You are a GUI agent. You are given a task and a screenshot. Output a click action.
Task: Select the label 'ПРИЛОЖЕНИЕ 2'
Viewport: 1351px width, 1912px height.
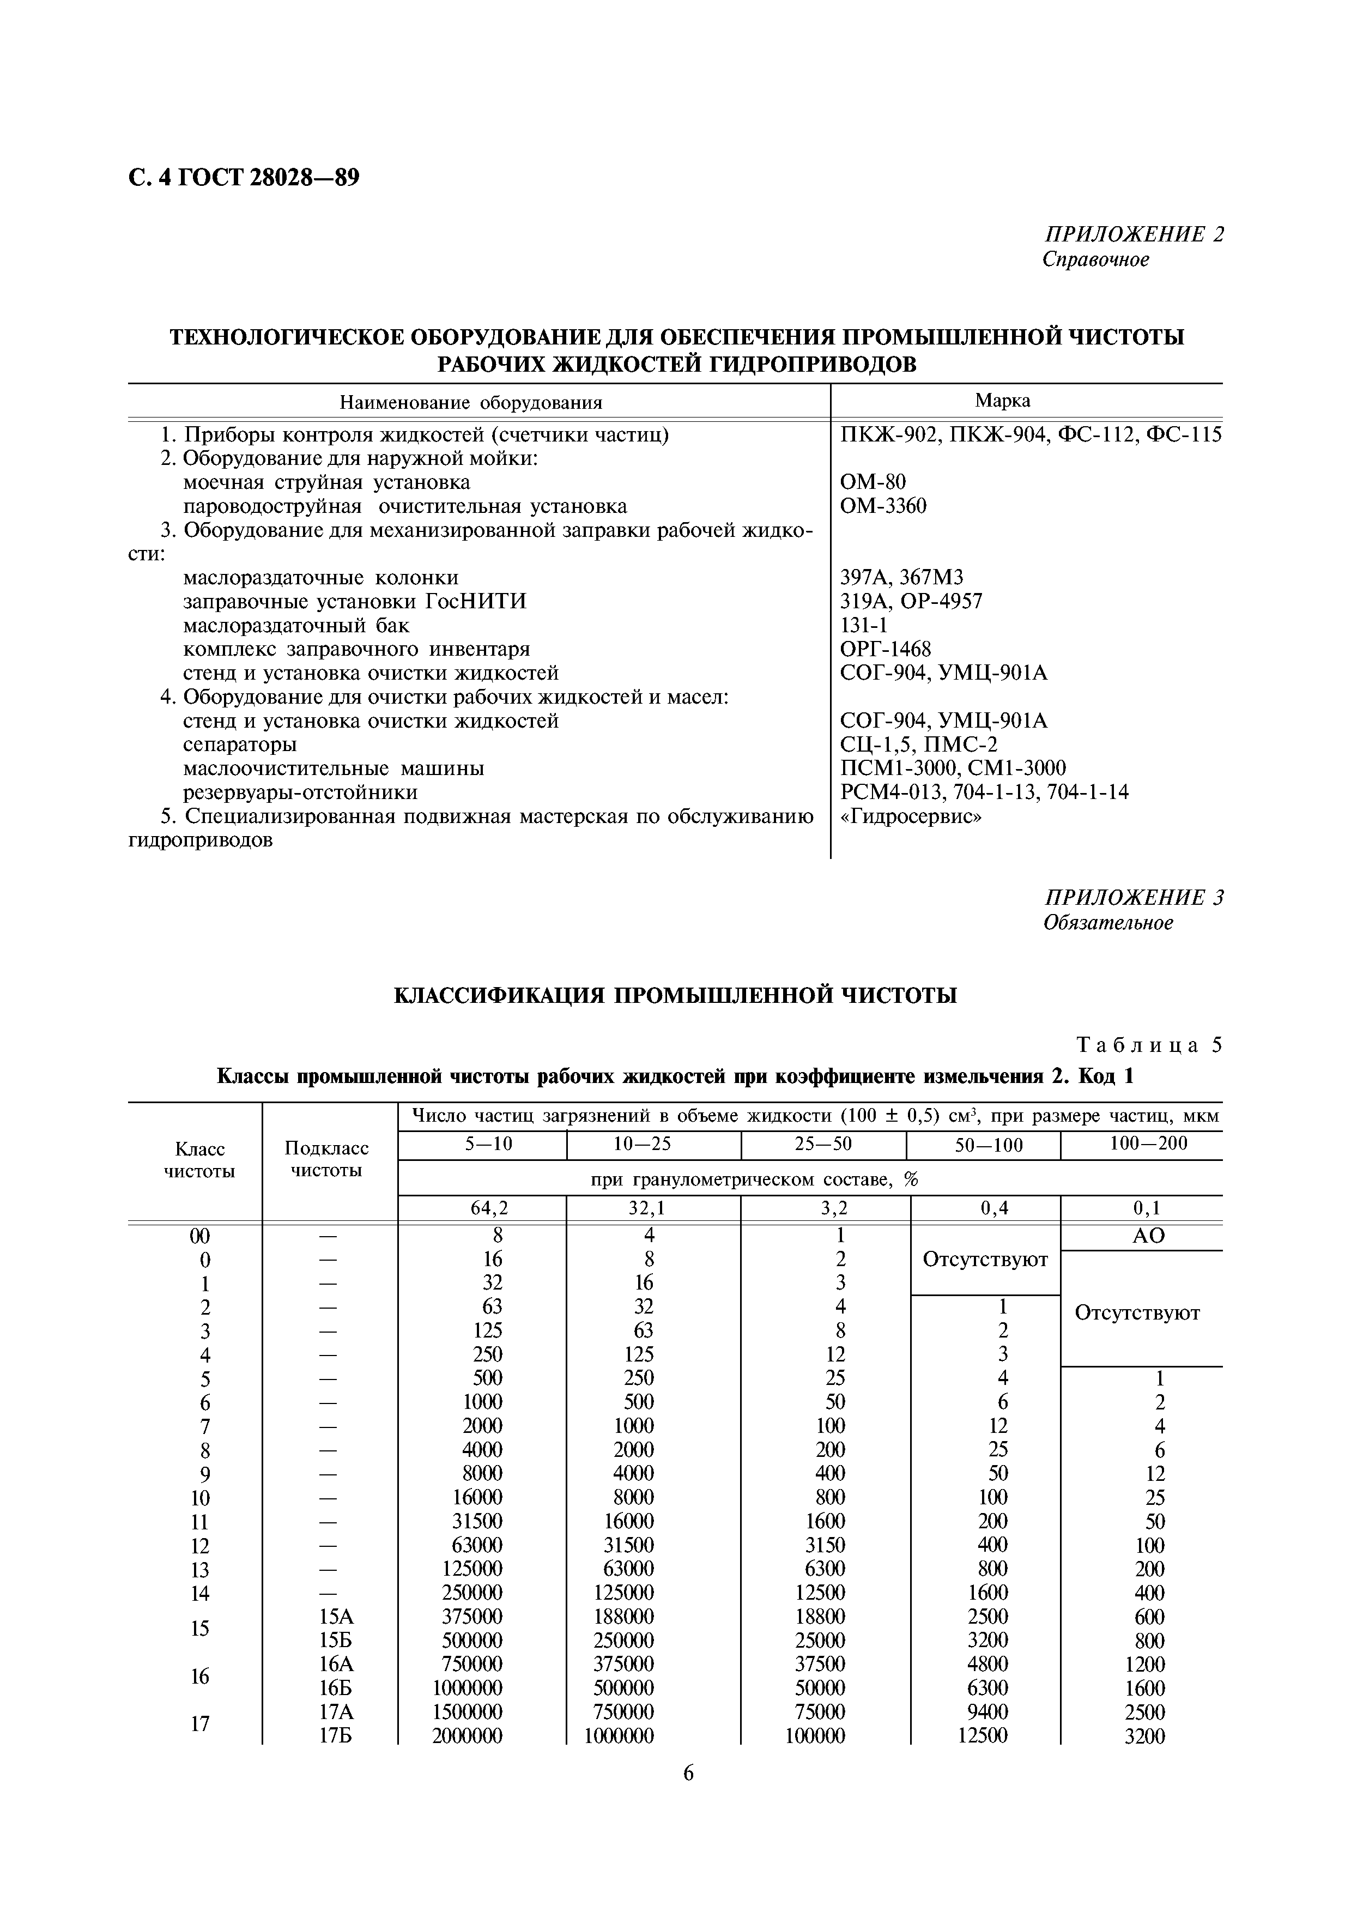[1134, 234]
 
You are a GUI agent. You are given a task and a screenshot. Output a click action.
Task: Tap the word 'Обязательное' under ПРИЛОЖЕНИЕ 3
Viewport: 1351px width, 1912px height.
[1108, 923]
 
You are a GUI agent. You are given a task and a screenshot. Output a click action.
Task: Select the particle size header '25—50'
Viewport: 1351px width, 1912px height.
[823, 1144]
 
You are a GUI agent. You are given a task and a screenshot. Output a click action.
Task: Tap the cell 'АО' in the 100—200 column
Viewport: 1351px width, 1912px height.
[1149, 1236]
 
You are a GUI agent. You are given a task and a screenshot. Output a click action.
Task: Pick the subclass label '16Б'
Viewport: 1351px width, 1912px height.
[336, 1688]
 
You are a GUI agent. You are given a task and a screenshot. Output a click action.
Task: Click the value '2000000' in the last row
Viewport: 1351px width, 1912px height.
[467, 1736]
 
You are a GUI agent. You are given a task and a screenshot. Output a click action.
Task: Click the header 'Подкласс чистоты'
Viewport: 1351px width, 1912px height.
[326, 1159]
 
